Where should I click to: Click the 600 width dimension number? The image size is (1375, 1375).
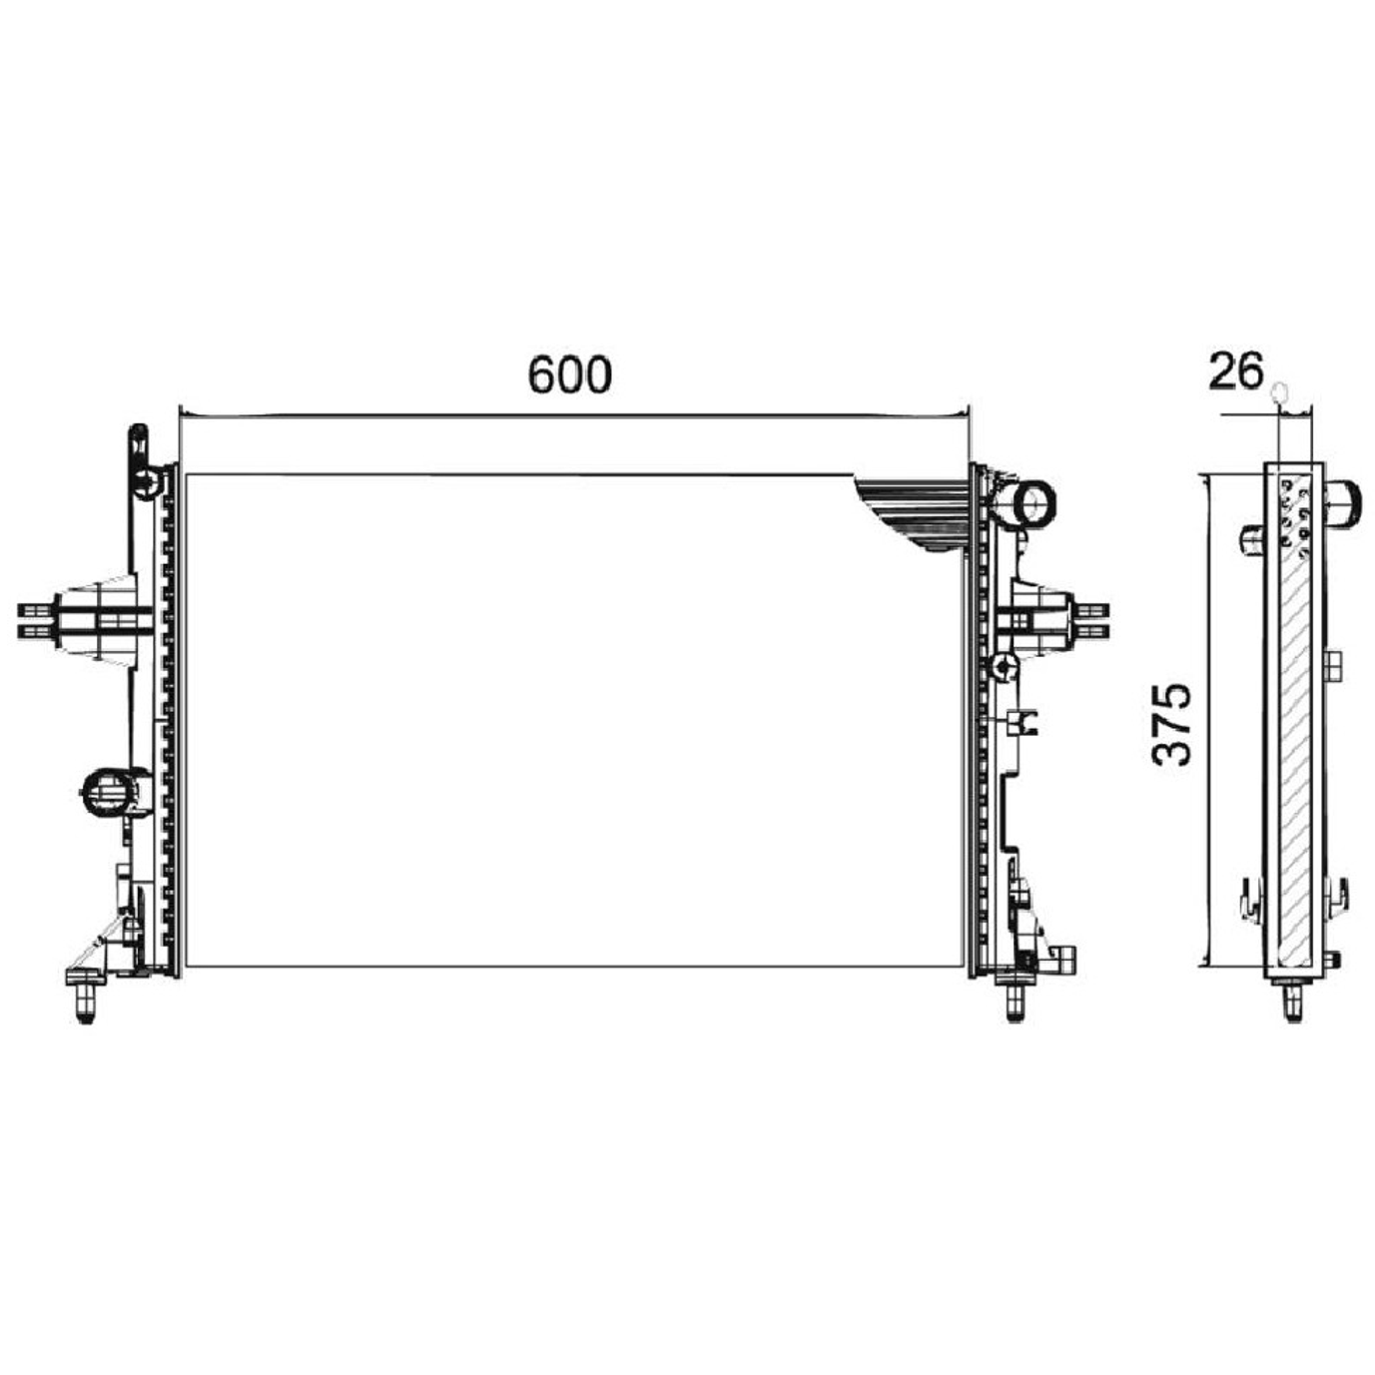(x=569, y=374)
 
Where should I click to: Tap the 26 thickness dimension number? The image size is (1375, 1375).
(x=1235, y=370)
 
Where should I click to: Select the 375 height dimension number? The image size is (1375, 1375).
(x=1171, y=725)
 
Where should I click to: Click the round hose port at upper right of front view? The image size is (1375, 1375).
(x=1031, y=504)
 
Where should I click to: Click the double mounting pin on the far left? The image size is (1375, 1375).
(x=37, y=619)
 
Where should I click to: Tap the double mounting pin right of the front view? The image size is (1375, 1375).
(x=1091, y=619)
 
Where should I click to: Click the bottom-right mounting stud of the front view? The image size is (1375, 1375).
(x=1015, y=999)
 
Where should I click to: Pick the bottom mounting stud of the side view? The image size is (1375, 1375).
(x=1294, y=1001)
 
